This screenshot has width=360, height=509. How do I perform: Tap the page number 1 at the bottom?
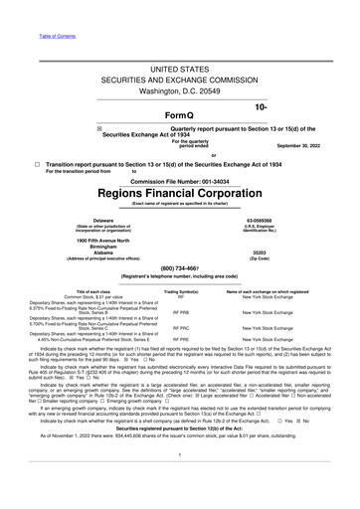[180, 481]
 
